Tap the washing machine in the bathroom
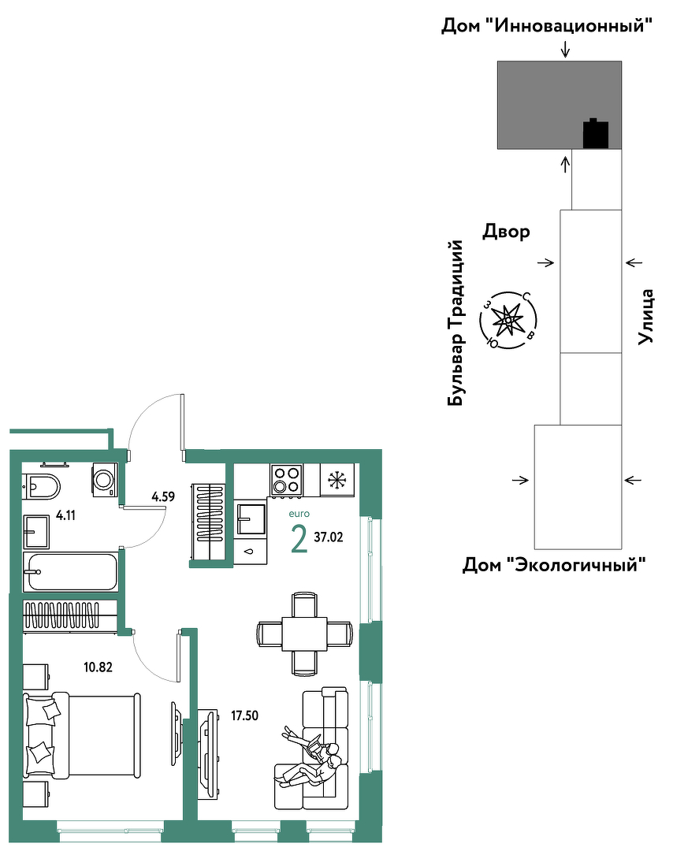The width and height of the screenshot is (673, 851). click(x=104, y=479)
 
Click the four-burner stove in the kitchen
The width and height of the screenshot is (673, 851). click(x=287, y=480)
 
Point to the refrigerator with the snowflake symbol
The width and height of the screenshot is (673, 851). click(x=337, y=480)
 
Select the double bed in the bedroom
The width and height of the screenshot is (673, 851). click(x=81, y=735)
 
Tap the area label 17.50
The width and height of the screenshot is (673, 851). click(x=245, y=715)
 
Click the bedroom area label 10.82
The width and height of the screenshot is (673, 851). click(x=99, y=667)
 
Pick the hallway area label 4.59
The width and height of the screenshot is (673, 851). click(x=163, y=496)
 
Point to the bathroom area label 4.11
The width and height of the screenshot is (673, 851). click(x=65, y=515)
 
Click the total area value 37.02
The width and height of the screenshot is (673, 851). click(x=329, y=537)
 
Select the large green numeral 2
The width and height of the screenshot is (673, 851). click(x=299, y=539)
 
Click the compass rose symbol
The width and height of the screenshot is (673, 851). click(x=508, y=320)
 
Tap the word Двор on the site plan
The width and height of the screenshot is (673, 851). click(x=507, y=232)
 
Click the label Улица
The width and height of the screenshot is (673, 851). click(x=646, y=317)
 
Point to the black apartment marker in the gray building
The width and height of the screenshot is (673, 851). click(x=596, y=133)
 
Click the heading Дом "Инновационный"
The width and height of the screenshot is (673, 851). click(x=547, y=25)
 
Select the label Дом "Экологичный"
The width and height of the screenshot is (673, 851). click(x=554, y=565)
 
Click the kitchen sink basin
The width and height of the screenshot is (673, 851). click(x=251, y=519)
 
